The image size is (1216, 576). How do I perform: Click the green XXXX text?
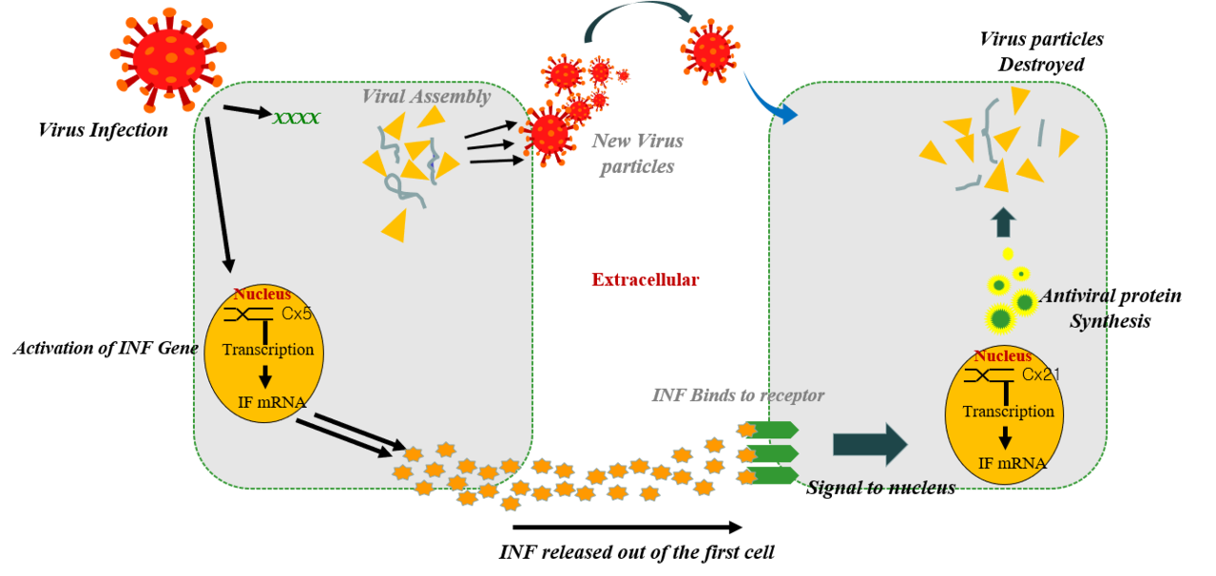coord(296,119)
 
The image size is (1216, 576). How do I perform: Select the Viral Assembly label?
coord(426,96)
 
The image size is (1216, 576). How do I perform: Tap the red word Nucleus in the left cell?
coord(262,295)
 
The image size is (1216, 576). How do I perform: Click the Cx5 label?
coord(297,313)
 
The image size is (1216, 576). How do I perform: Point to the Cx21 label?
coord(1041,374)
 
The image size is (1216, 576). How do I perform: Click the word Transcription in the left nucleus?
coord(268,350)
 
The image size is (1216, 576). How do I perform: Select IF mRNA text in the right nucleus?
coord(1013,464)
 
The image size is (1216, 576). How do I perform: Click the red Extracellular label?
coord(646,279)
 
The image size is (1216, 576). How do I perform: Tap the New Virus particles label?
coord(637,154)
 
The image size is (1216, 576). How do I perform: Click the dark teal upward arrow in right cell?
coord(1003,222)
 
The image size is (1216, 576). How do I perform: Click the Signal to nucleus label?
coord(881,488)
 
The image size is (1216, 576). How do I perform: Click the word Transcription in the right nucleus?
coord(1008,412)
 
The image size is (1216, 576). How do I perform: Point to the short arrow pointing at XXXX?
coord(247,111)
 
